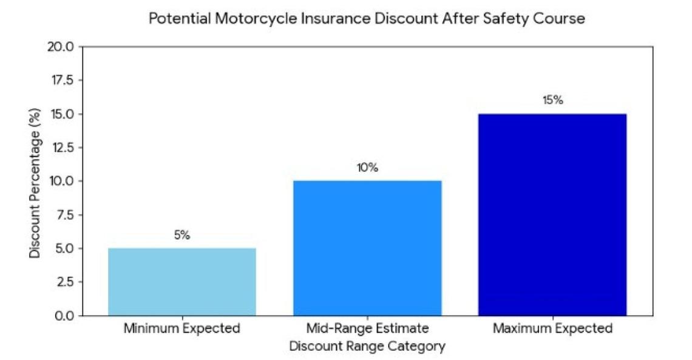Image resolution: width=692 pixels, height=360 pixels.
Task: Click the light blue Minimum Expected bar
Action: click(x=181, y=282)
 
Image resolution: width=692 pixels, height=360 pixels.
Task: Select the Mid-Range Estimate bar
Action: click(x=367, y=248)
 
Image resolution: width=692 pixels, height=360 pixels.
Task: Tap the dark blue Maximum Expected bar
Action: click(x=552, y=214)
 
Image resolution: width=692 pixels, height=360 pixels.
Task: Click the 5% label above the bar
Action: click(x=181, y=236)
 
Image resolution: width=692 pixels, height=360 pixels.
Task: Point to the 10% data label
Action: click(x=367, y=168)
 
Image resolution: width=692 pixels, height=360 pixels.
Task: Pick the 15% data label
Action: click(x=552, y=101)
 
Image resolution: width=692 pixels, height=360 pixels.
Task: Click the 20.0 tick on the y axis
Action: click(x=60, y=47)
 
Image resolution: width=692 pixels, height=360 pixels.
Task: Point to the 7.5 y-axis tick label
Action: click(x=64, y=215)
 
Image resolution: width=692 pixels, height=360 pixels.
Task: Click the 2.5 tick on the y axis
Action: click(x=64, y=282)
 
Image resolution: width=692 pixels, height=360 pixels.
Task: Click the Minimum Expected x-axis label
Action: click(x=181, y=329)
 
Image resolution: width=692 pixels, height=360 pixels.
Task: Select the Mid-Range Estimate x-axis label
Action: click(x=367, y=329)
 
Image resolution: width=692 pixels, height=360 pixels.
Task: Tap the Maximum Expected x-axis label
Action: click(x=552, y=329)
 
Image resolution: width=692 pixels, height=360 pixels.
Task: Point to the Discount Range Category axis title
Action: click(x=367, y=347)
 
